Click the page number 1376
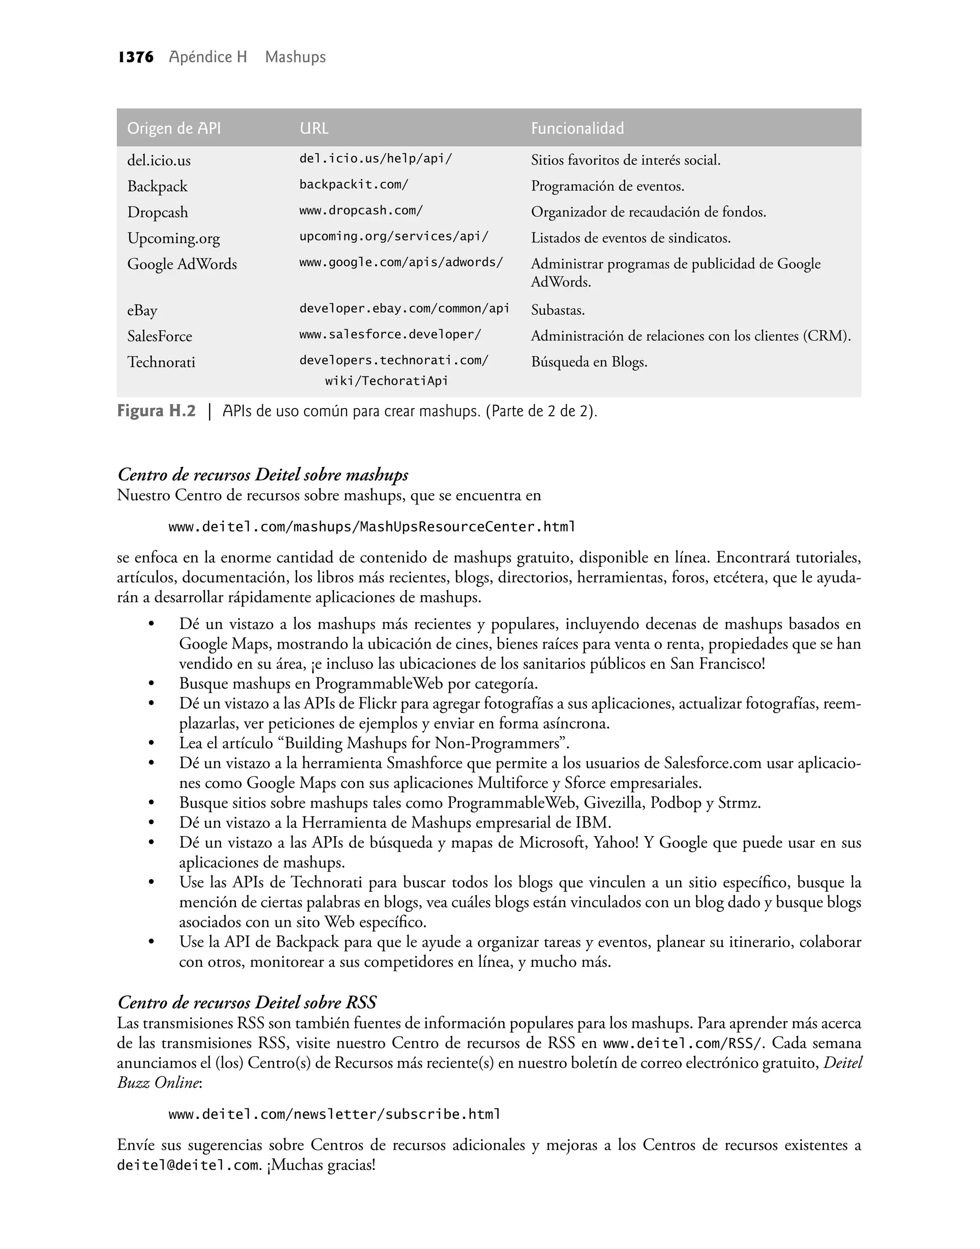click(x=136, y=57)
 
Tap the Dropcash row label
click(x=157, y=212)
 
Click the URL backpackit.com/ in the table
click(x=354, y=185)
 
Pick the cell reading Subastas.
click(x=557, y=310)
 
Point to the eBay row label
click(x=142, y=310)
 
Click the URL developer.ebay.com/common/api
click(x=404, y=309)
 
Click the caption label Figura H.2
click(x=156, y=411)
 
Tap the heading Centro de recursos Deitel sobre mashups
click(x=263, y=475)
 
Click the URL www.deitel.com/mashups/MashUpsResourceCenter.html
click(x=371, y=527)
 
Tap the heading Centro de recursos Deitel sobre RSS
click(x=247, y=1003)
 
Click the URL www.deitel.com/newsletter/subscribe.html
click(x=334, y=1114)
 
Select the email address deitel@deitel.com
click(x=188, y=1165)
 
